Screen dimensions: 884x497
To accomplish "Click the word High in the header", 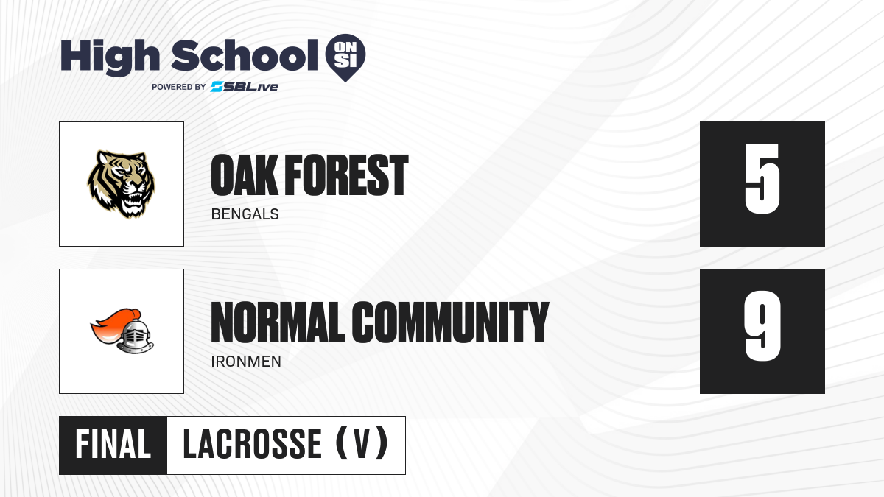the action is [110, 57].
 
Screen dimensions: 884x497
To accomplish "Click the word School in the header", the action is [245, 55].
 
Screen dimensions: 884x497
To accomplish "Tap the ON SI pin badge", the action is [345, 57].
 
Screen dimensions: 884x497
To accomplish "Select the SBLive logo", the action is [245, 87].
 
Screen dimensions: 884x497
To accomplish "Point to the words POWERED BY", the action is [179, 87].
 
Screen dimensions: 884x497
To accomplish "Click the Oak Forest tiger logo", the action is [122, 184].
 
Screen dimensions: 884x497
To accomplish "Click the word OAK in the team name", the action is [244, 175].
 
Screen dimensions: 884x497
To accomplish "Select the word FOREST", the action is [346, 175].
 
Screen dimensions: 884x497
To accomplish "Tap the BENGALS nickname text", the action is [245, 214].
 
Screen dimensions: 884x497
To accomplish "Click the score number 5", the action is [762, 179].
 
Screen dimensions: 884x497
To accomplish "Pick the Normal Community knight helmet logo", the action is [122, 331].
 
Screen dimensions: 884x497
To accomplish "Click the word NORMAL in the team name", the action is [278, 322].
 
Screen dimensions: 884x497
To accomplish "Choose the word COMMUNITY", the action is [450, 322].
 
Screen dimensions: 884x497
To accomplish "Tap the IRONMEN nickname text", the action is [246, 362].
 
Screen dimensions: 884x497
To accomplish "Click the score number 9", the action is [762, 326].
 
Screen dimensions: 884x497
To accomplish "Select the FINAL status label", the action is [113, 445].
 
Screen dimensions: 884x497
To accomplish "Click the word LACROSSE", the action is [252, 445].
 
